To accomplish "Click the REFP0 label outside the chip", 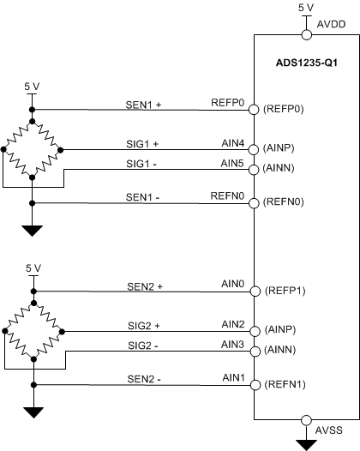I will (x=228, y=100).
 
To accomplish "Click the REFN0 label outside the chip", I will (x=228, y=194).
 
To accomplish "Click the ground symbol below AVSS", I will (x=305, y=443).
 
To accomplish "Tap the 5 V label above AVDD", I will (x=306, y=7).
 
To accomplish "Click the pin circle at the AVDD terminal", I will (x=306, y=35).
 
